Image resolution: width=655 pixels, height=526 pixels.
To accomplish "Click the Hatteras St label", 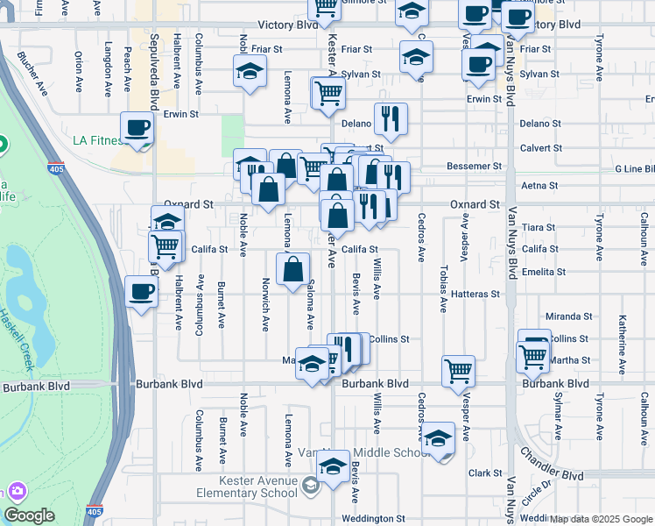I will pyautogui.click(x=476, y=295).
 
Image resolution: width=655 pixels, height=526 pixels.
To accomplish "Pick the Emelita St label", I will pyautogui.click(x=539, y=272).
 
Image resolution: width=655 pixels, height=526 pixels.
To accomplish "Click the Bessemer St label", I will pyautogui.click(x=474, y=165).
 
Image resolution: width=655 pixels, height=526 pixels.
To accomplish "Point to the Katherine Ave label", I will pyautogui.click(x=622, y=338).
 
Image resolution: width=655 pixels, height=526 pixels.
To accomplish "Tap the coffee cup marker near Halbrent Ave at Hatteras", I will pyautogui.click(x=140, y=292).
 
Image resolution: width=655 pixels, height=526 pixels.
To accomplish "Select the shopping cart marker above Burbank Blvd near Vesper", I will pyautogui.click(x=458, y=371).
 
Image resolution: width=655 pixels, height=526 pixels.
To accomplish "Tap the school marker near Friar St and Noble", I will pyautogui.click(x=250, y=71).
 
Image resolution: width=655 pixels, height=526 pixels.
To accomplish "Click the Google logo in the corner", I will pyautogui.click(x=29, y=516).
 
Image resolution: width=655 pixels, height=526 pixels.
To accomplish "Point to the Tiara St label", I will pyautogui.click(x=532, y=227).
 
